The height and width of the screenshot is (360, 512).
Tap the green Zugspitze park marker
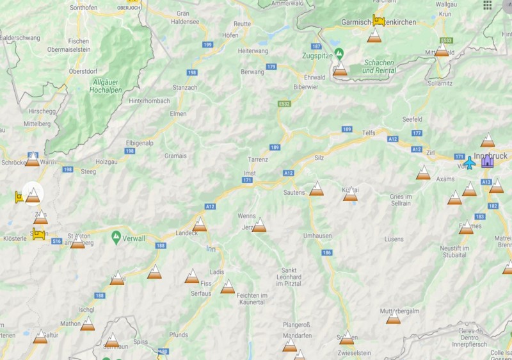(339, 52)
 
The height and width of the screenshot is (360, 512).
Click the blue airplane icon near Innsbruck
(470, 163)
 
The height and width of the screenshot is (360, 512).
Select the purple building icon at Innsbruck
(488, 161)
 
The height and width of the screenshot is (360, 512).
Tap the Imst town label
(250, 173)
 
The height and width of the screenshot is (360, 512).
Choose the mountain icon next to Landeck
(200, 224)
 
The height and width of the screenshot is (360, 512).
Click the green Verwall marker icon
(116, 237)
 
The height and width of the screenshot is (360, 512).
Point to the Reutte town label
(243, 24)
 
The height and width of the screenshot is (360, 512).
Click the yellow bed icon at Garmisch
(378, 20)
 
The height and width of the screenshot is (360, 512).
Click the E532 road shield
(285, 104)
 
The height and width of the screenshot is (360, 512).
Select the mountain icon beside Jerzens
(259, 225)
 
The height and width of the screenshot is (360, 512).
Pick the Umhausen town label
(317, 236)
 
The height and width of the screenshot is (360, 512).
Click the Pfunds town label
(179, 334)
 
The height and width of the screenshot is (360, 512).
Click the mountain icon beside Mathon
(88, 324)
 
